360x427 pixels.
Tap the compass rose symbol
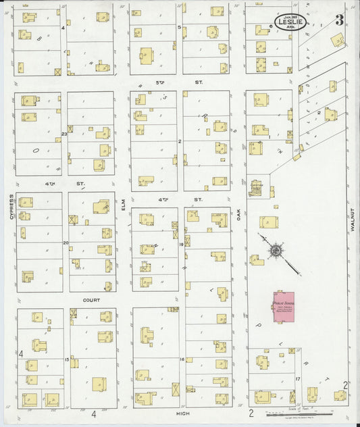[276, 251]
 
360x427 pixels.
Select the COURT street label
[92, 299]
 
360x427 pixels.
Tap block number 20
[66, 243]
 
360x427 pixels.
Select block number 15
[66, 359]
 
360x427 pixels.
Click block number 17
[297, 379]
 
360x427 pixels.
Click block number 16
[182, 359]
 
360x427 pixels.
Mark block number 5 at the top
[179, 27]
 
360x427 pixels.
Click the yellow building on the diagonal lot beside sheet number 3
[336, 41]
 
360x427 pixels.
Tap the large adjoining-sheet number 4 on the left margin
[21, 354]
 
